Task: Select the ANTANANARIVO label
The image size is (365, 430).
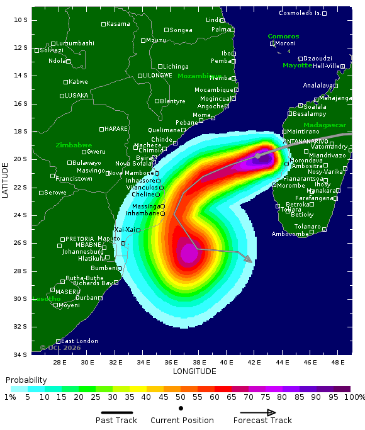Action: (x=306, y=141)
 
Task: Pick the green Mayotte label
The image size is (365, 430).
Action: (x=297, y=65)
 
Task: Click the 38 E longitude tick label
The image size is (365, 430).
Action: (x=199, y=362)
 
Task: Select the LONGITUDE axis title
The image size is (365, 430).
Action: (x=191, y=371)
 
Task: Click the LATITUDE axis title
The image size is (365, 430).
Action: (x=6, y=179)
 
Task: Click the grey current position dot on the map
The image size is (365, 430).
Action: (x=257, y=156)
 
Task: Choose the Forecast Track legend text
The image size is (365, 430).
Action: (x=262, y=421)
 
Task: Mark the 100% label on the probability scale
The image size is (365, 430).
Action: (x=354, y=397)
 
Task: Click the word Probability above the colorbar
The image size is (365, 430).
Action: (x=26, y=380)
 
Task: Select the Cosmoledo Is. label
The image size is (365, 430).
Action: (x=300, y=13)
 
